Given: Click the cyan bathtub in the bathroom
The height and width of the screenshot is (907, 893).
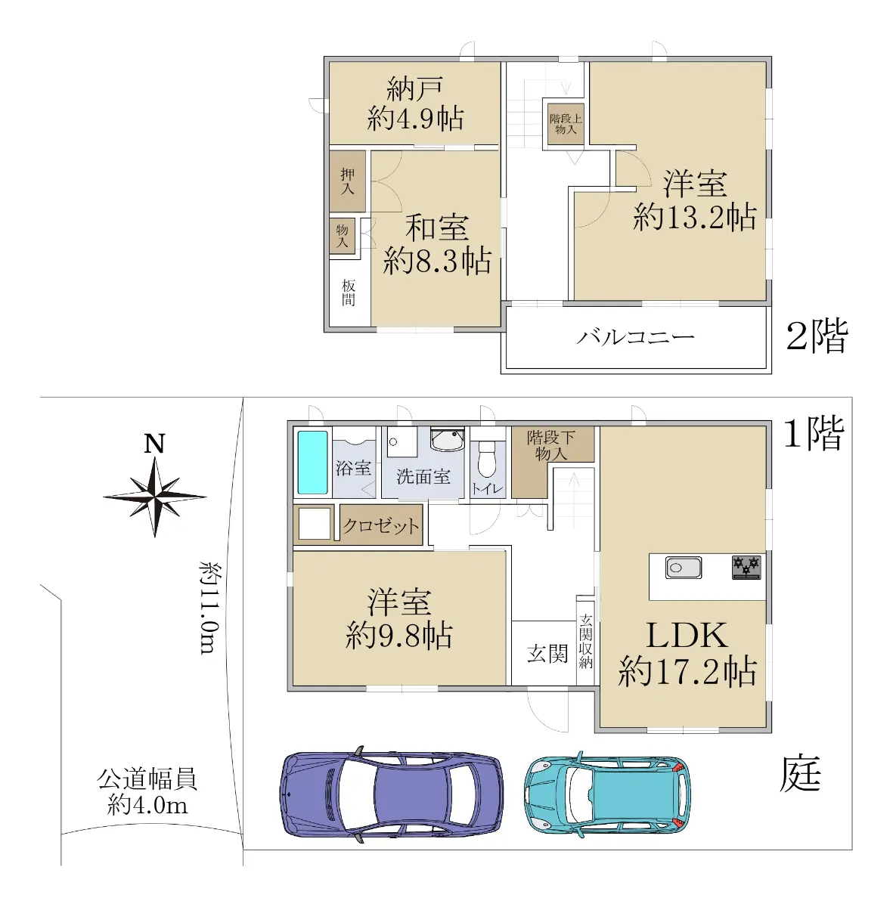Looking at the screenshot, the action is (x=312, y=463).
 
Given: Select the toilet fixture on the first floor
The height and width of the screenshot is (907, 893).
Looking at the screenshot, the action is (x=487, y=459).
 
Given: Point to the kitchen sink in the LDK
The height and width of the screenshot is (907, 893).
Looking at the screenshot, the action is (x=684, y=568).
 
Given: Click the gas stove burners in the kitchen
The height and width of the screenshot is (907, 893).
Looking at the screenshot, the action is (x=746, y=568).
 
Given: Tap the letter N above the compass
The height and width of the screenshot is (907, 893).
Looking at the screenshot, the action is (x=154, y=444).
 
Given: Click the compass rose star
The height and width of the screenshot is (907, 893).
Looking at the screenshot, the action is (x=154, y=497).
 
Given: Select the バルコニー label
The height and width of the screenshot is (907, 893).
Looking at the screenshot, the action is (x=635, y=337).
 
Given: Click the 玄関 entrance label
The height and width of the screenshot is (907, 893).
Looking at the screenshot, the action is (x=547, y=654).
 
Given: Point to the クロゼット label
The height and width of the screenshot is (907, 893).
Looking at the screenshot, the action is (x=380, y=526).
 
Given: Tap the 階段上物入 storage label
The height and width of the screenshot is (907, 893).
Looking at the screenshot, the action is (x=565, y=124).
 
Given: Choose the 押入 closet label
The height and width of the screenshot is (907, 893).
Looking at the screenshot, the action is (x=347, y=181).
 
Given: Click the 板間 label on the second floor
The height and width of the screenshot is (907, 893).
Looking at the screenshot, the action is (x=348, y=293).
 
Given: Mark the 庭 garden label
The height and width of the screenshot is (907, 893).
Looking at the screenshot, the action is (x=800, y=774).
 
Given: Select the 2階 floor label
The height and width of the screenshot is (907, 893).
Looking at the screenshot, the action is (x=817, y=336).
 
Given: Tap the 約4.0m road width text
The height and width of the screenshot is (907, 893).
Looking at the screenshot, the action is (x=147, y=805).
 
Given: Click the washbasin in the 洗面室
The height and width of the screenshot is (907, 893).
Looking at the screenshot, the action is (x=448, y=440).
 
